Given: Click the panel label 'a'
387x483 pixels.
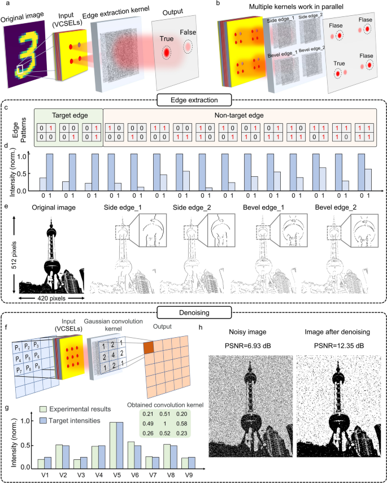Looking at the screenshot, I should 6,5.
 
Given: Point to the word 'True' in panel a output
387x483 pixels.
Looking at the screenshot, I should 166,38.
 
